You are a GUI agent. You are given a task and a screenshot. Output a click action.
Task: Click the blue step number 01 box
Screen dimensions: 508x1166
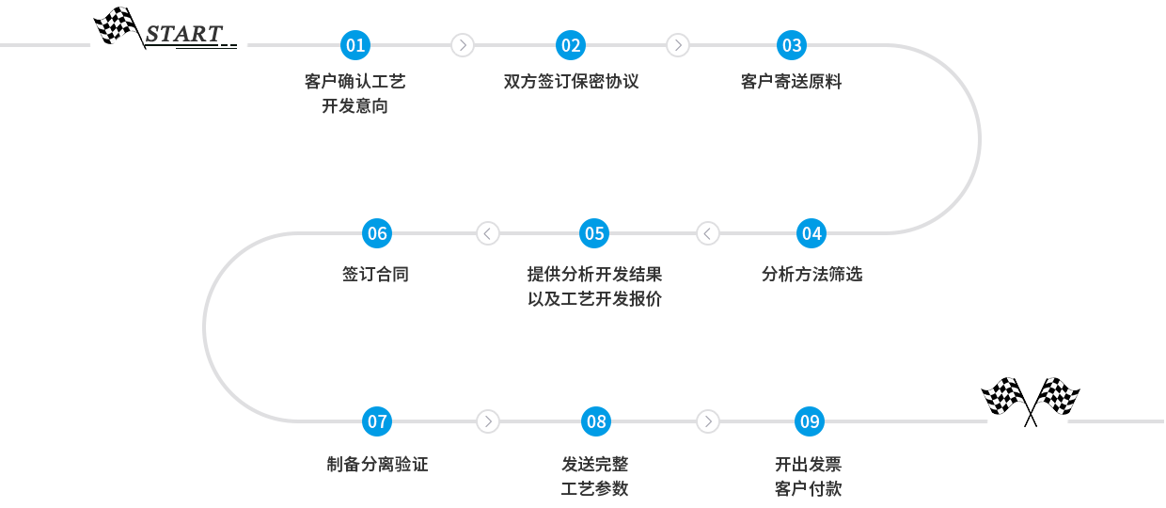355,45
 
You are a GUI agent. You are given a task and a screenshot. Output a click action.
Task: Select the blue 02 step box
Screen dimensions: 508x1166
571,45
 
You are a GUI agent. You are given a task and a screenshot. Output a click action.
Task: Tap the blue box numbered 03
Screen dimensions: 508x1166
792,45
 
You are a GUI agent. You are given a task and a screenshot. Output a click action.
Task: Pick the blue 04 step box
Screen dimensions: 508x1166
811,233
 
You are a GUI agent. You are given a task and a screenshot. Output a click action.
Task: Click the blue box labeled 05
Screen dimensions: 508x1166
594,233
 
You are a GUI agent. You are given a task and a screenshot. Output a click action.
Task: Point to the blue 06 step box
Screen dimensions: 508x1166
377,233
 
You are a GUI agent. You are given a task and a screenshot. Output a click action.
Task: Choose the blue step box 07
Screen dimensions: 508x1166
377,421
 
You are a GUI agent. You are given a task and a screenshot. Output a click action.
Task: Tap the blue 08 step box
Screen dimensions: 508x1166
596,421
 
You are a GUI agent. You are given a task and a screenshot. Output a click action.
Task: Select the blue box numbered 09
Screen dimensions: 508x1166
810,421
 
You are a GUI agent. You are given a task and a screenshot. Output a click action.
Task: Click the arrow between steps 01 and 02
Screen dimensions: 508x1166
463,45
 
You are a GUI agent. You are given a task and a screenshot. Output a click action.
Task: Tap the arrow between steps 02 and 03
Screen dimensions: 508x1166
678,45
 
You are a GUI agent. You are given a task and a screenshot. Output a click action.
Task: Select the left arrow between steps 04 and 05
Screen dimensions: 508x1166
708,233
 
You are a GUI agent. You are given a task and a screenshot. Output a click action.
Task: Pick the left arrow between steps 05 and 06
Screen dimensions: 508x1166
488,233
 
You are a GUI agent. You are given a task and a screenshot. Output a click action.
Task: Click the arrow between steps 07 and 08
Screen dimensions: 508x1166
488,421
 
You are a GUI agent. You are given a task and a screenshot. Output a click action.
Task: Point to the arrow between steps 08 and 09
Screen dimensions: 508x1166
708,421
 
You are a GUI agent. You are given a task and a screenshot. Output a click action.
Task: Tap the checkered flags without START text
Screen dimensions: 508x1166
1031,402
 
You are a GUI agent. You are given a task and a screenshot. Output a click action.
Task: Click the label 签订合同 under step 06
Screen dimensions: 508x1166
376,275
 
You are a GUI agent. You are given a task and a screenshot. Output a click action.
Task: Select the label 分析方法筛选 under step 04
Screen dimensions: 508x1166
811,275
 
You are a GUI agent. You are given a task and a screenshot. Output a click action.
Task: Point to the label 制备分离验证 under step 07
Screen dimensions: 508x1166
377,464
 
